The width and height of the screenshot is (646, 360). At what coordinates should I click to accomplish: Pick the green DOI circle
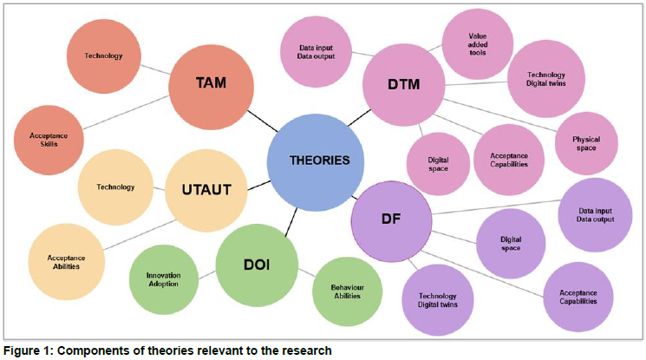tap(257, 265)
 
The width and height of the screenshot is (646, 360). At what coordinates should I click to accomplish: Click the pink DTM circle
tap(404, 84)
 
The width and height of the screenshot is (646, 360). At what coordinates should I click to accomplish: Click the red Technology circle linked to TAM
tap(103, 56)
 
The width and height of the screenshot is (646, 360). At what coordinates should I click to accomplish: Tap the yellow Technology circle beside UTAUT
tap(115, 187)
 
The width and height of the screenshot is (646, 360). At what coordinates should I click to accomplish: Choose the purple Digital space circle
tap(510, 243)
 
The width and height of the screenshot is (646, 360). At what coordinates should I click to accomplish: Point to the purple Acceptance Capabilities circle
tap(578, 295)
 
